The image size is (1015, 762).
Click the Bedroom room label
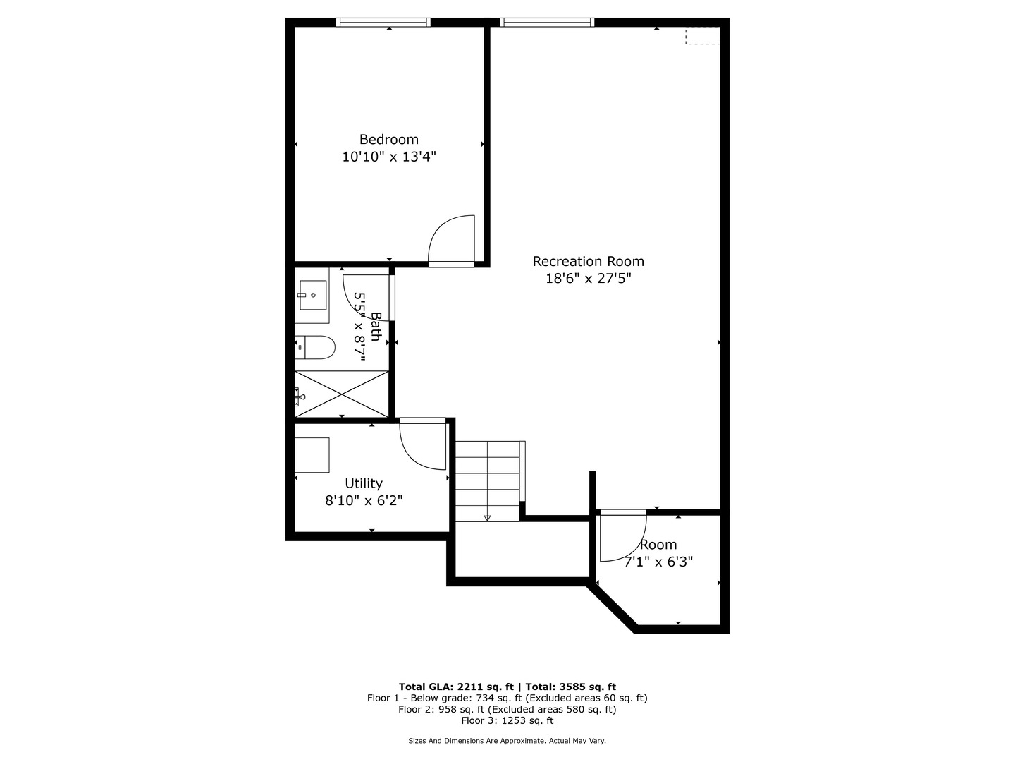pos(388,139)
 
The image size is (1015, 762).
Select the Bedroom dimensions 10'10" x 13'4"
pos(388,157)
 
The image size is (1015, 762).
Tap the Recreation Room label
pos(588,261)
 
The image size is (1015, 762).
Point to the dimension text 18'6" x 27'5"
pos(588,278)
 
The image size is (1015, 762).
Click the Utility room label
pos(363,483)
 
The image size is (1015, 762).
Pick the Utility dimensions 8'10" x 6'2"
pos(363,500)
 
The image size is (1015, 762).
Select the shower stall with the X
pos(342,393)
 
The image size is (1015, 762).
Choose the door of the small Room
pos(622,536)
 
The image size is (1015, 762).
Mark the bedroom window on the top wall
pos(383,23)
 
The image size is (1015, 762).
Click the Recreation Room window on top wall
pos(547,23)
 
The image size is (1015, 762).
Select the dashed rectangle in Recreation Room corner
pos(703,35)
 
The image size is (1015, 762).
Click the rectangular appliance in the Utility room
pos(312,455)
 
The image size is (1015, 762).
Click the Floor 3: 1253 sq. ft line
pos(507,720)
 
